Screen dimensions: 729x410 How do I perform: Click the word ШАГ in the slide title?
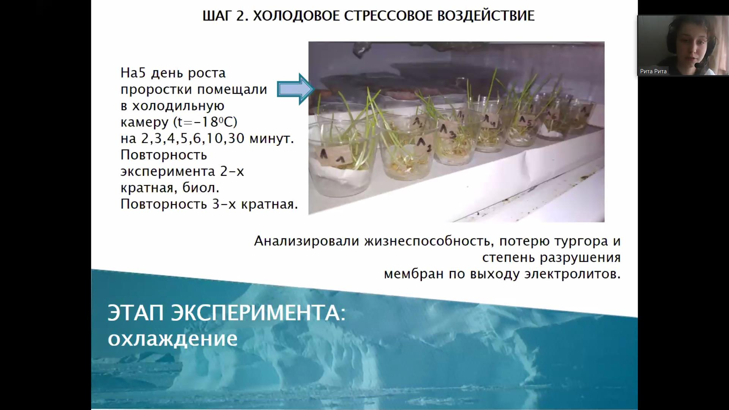(x=216, y=16)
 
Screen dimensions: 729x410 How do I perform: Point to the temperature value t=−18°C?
(x=205, y=122)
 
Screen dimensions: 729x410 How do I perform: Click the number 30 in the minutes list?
(x=236, y=138)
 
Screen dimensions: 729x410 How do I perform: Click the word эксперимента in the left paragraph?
(x=168, y=172)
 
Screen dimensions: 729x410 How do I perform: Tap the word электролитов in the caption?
(x=572, y=274)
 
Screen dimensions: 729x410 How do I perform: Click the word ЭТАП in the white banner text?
(x=136, y=313)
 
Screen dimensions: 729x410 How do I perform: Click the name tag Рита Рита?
(x=653, y=71)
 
